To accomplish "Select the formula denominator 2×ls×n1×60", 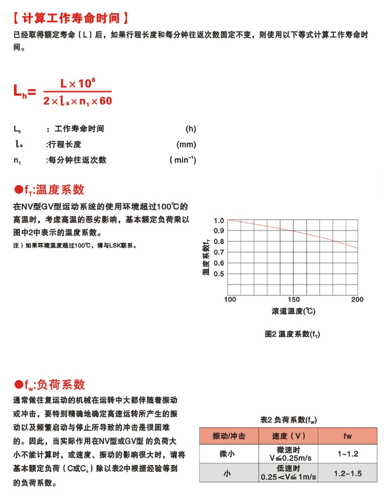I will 78,101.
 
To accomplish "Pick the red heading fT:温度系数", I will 49,190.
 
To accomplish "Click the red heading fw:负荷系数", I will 50,384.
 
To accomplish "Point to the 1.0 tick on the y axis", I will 219,221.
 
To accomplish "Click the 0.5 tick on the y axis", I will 219,274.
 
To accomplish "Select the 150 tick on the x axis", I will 293,299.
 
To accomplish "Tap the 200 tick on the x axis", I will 357,299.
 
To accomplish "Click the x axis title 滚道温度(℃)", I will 293,312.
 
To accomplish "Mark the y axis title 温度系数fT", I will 206,256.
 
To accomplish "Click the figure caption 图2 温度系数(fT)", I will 293,334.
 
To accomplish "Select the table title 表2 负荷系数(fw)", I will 288,420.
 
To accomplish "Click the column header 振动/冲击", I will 228,436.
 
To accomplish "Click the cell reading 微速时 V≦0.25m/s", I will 288,454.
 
